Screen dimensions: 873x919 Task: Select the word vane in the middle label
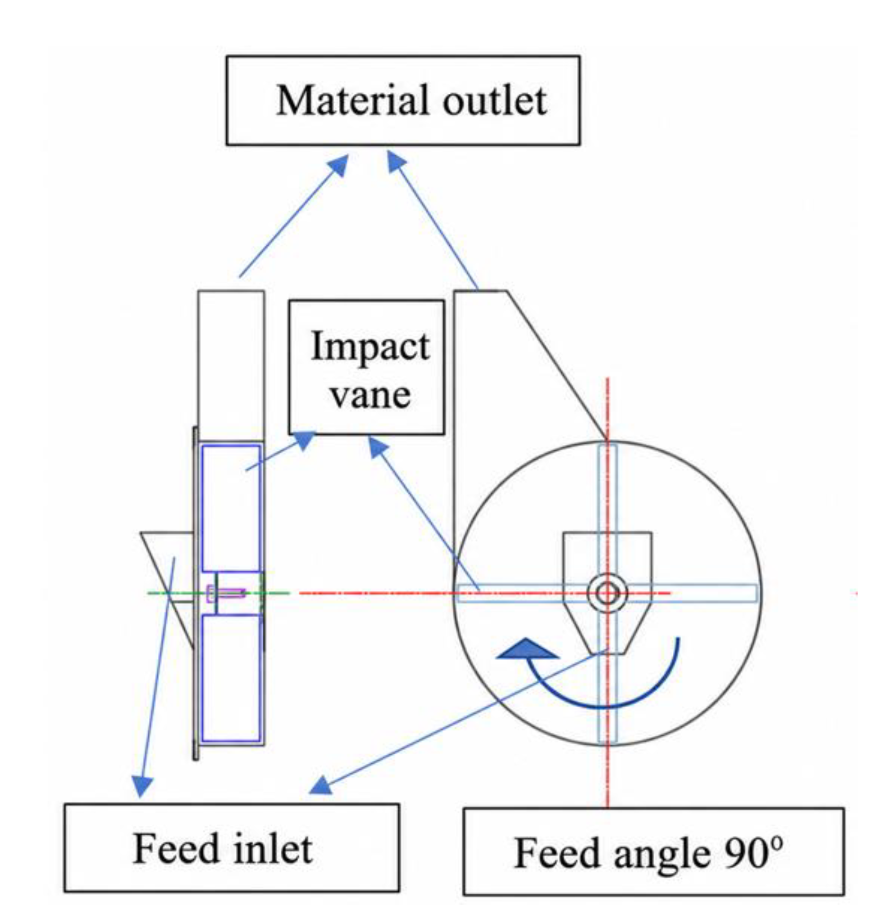click(x=370, y=395)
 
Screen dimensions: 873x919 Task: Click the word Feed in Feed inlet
click(x=176, y=848)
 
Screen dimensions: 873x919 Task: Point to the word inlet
click(x=273, y=848)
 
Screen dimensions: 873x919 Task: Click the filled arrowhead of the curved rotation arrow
click(x=528, y=649)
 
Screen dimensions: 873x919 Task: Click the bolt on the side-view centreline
click(x=226, y=593)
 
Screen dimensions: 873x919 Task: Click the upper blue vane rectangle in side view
click(x=231, y=508)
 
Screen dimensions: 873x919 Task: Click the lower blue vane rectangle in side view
click(x=231, y=678)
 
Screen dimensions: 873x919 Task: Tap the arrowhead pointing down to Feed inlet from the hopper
click(x=142, y=786)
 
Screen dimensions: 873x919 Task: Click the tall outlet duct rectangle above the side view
click(x=231, y=365)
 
